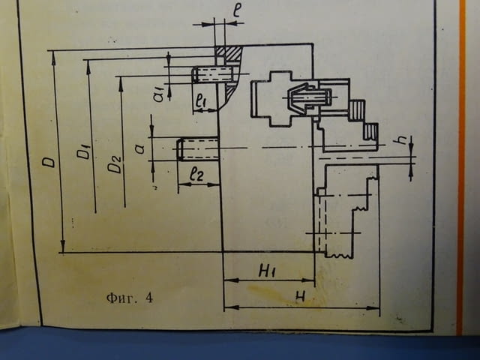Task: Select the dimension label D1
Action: click(x=83, y=150)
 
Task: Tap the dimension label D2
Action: click(x=115, y=164)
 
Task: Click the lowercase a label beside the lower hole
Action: click(x=140, y=149)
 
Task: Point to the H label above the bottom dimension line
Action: click(x=301, y=296)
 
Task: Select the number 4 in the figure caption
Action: click(x=149, y=298)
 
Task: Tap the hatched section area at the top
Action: click(x=229, y=53)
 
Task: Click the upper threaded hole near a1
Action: click(x=213, y=75)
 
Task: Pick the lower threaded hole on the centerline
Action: click(x=198, y=148)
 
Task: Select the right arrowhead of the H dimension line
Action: click(x=373, y=307)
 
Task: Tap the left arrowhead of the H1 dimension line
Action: click(x=232, y=280)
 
